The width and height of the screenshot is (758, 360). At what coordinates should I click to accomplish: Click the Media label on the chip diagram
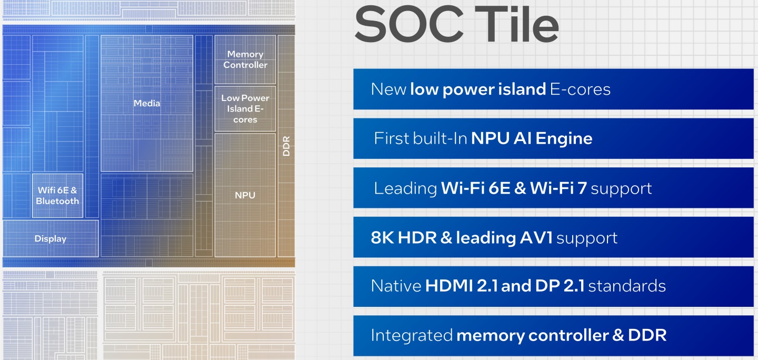tap(147, 103)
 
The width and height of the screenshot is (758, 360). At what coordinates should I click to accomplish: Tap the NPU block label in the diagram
tap(245, 195)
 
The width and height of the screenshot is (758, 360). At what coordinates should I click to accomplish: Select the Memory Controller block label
tap(245, 59)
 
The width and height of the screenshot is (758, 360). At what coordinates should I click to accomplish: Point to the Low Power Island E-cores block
tap(245, 108)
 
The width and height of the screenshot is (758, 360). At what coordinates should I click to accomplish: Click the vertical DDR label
tap(286, 146)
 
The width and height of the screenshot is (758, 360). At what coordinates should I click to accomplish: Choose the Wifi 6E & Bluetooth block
tap(58, 196)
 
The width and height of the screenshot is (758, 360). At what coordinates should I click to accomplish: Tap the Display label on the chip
tap(51, 238)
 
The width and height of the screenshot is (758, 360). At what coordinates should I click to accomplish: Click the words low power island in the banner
tap(478, 89)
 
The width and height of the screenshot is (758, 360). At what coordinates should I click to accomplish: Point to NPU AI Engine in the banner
tap(532, 139)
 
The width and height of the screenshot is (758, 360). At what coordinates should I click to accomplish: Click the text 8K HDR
tap(404, 238)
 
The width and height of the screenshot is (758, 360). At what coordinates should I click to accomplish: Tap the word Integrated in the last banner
tap(412, 335)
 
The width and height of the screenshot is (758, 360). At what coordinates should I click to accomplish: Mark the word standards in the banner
tap(627, 286)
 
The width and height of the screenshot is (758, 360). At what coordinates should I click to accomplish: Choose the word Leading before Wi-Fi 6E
tap(405, 188)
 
